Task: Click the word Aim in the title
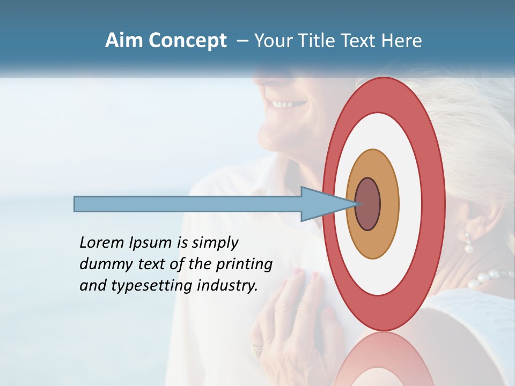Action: point(124,41)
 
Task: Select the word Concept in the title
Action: point(187,41)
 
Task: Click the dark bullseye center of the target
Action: point(368,204)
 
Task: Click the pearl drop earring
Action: point(468,244)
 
